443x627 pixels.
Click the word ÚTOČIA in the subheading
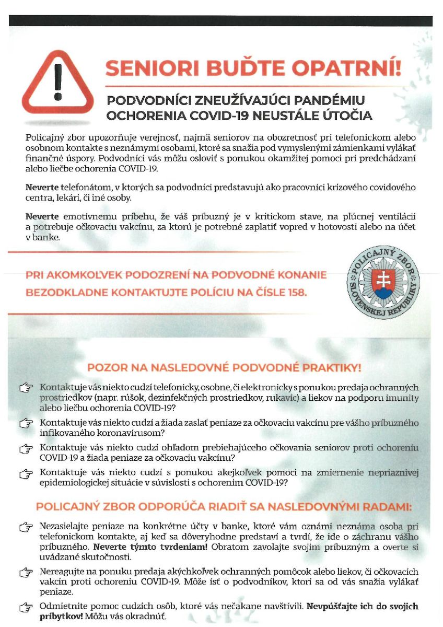[x=347, y=115]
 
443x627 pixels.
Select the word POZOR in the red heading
[x=105, y=367]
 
